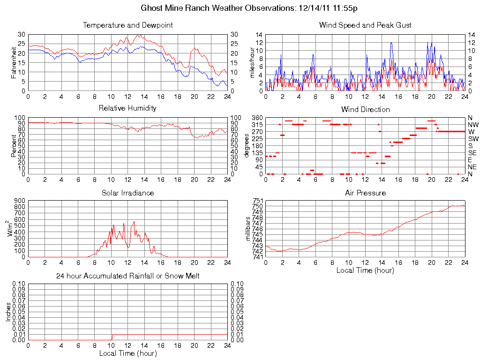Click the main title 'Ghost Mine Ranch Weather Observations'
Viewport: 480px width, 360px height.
tap(249, 8)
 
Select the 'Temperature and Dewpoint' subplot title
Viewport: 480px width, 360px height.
tap(127, 25)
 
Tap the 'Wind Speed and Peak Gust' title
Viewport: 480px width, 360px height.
tap(365, 25)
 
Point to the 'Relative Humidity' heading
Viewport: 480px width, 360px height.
tap(127, 108)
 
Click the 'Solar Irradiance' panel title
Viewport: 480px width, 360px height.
tap(127, 193)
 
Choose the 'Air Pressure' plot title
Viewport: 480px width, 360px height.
tap(365, 193)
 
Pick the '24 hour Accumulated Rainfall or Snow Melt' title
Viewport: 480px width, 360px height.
tap(127, 276)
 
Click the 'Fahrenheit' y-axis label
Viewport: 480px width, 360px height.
tap(14, 62)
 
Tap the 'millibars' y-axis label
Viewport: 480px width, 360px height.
tap(248, 229)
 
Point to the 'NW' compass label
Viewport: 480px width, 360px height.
tap(473, 125)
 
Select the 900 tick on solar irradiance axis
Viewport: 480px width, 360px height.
tap(19, 201)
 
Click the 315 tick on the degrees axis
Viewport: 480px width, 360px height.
tap(257, 125)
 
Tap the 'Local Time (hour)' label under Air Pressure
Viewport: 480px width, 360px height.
tap(365, 270)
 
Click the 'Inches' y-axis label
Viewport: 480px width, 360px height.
tap(8, 311)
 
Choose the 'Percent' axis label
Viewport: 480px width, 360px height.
tap(14, 146)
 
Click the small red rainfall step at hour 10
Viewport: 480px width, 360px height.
tap(112, 337)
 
